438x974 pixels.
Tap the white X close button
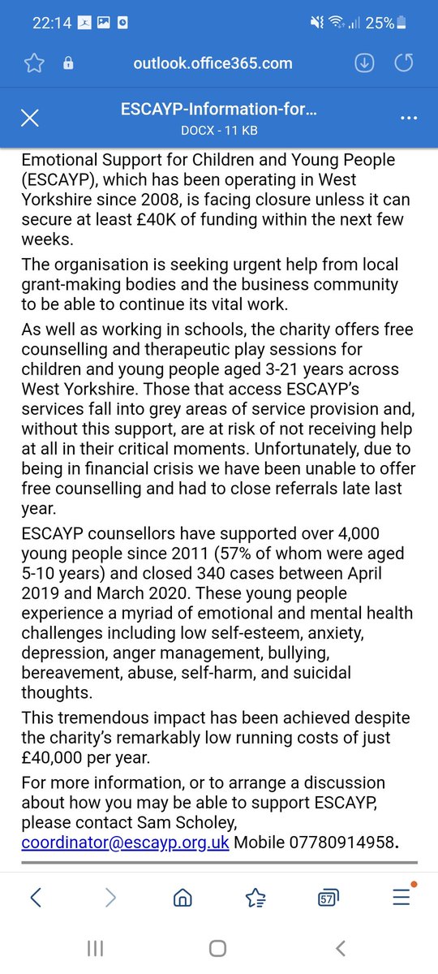click(29, 119)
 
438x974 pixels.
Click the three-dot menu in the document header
click(408, 119)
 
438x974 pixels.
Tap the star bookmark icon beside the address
click(33, 64)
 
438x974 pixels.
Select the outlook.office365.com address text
click(213, 63)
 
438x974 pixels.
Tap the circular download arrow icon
click(364, 64)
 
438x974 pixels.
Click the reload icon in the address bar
click(403, 64)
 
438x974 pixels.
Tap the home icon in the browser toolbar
click(183, 897)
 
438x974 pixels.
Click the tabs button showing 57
click(328, 898)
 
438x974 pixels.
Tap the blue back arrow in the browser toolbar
click(35, 897)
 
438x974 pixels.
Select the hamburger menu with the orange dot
click(401, 896)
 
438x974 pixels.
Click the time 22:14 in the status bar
click(51, 23)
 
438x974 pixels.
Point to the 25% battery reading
click(380, 23)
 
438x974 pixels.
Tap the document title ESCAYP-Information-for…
click(219, 110)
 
